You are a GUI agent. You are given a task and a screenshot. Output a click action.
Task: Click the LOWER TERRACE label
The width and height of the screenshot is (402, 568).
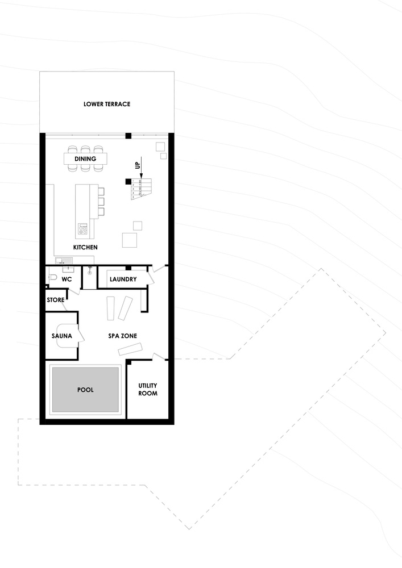(107, 104)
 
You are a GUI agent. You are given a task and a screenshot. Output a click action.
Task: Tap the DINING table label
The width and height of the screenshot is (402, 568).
(85, 158)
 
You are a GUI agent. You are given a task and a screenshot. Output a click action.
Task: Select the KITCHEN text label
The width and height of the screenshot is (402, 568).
(85, 247)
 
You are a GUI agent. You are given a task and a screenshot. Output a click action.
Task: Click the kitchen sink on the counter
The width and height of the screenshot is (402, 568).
(64, 260)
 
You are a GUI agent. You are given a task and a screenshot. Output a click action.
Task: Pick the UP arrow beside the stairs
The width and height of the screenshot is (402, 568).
(141, 168)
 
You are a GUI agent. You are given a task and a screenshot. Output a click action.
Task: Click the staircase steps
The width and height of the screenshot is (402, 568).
(141, 189)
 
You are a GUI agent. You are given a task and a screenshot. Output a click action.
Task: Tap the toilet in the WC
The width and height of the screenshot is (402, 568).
(53, 278)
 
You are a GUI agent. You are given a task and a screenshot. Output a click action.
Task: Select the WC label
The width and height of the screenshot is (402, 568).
(67, 279)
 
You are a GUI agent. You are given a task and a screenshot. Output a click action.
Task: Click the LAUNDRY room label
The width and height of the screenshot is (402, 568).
(123, 279)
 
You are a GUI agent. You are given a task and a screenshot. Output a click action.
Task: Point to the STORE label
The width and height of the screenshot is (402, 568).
(56, 300)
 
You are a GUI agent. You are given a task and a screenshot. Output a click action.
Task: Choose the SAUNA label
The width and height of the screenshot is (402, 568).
(61, 336)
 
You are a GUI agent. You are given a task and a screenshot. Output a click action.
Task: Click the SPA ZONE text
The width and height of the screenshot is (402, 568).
(122, 336)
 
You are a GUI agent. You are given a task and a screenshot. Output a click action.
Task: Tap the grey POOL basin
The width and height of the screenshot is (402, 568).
(85, 390)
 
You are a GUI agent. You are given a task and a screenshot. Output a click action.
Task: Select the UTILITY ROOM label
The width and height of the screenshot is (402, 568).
(148, 390)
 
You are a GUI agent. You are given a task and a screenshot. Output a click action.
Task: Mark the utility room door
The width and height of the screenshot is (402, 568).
(159, 357)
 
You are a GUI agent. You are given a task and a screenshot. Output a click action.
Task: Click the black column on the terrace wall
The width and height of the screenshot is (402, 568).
(128, 136)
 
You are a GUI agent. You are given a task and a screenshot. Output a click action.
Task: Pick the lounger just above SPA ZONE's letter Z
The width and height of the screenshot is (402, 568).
(125, 308)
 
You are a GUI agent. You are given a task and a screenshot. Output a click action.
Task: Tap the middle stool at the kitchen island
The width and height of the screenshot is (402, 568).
(101, 202)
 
